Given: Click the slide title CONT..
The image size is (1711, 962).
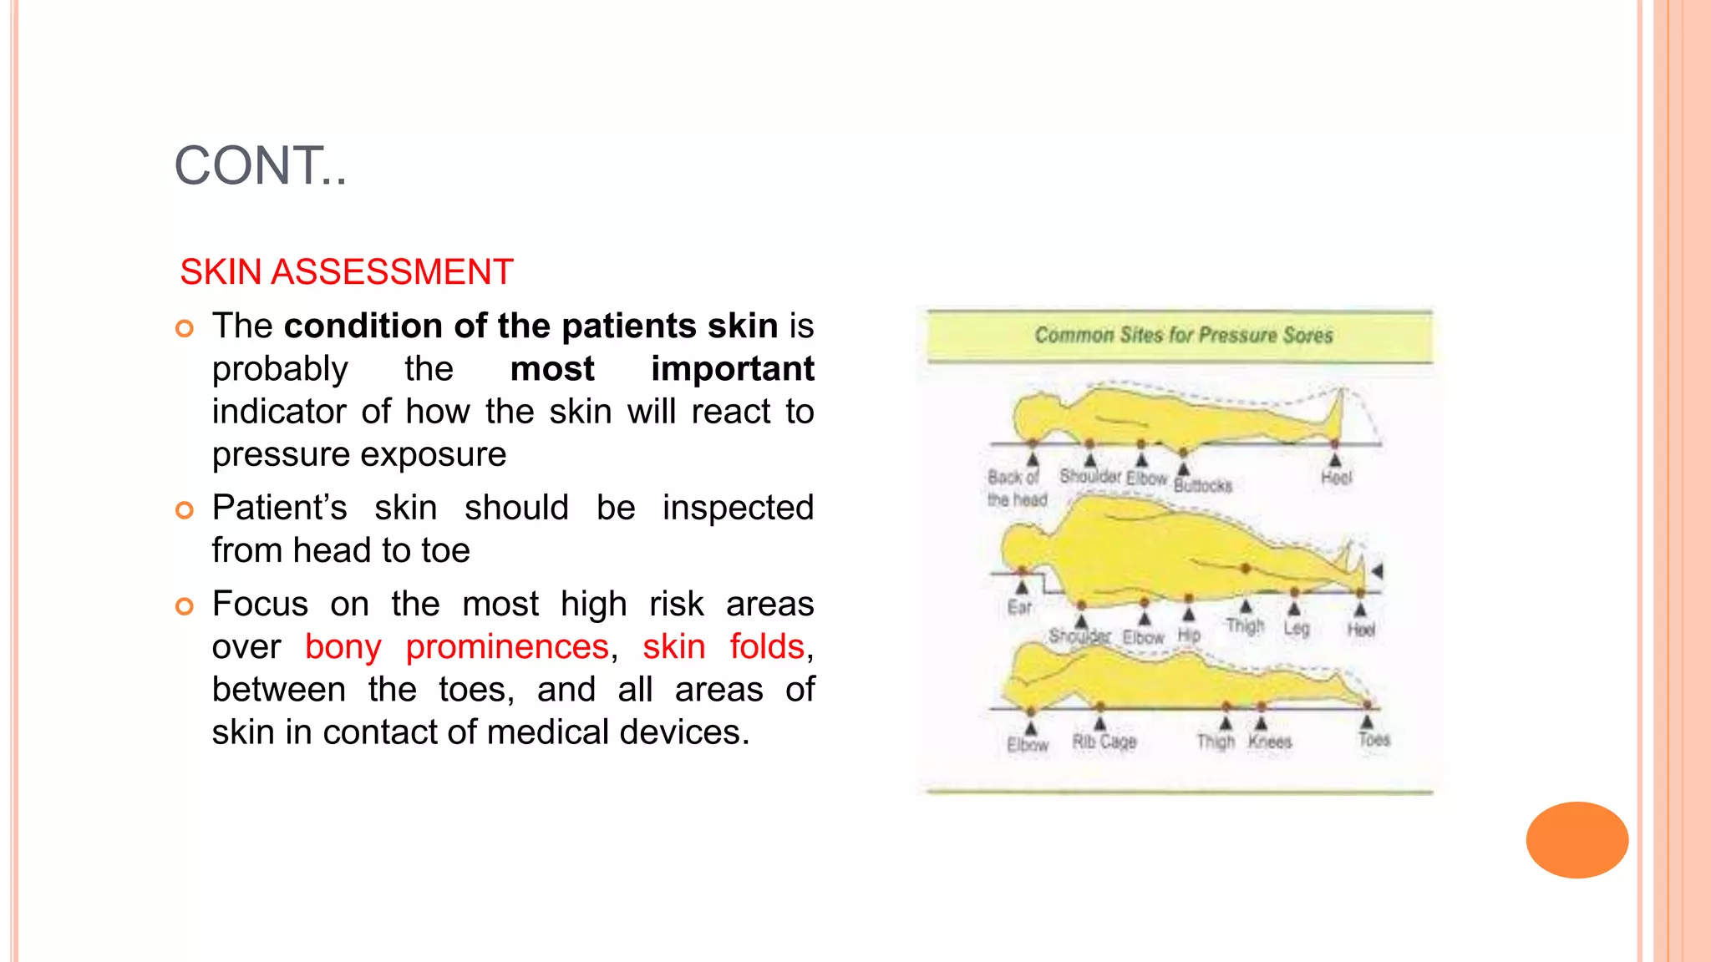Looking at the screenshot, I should (x=260, y=165).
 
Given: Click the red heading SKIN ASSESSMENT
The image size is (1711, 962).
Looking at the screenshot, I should (x=346, y=272).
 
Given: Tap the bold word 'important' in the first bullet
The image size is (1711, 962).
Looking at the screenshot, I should (x=732, y=368).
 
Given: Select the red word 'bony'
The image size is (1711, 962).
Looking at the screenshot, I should (x=343, y=646).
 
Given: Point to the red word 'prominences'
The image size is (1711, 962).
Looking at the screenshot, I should (x=507, y=646).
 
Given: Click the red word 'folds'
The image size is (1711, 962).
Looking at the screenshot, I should (x=766, y=646).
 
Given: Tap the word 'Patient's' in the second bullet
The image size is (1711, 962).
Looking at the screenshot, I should (x=279, y=508).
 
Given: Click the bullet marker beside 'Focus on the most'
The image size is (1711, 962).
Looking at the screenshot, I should (x=185, y=606).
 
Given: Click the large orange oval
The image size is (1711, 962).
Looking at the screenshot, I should (x=1576, y=839).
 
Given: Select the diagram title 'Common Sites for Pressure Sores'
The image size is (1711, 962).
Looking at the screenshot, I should (x=1183, y=336).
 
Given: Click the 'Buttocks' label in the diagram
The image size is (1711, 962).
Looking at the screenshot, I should (x=1202, y=485).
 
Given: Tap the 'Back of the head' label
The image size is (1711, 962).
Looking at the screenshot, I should (x=1016, y=489).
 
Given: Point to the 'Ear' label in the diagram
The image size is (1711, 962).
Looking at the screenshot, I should (x=1019, y=607).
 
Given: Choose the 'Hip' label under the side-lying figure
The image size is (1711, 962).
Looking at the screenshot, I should (x=1189, y=635).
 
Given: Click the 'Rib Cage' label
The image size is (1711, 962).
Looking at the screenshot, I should (x=1104, y=742).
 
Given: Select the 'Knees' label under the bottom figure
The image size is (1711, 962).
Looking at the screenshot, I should (x=1269, y=742).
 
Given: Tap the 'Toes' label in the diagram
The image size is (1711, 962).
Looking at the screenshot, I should (x=1373, y=740).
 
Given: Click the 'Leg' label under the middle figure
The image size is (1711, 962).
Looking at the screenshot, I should (x=1296, y=628).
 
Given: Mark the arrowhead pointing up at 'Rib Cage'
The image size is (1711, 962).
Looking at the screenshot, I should (x=1100, y=723).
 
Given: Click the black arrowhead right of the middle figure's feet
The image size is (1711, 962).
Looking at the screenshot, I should (x=1377, y=571).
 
